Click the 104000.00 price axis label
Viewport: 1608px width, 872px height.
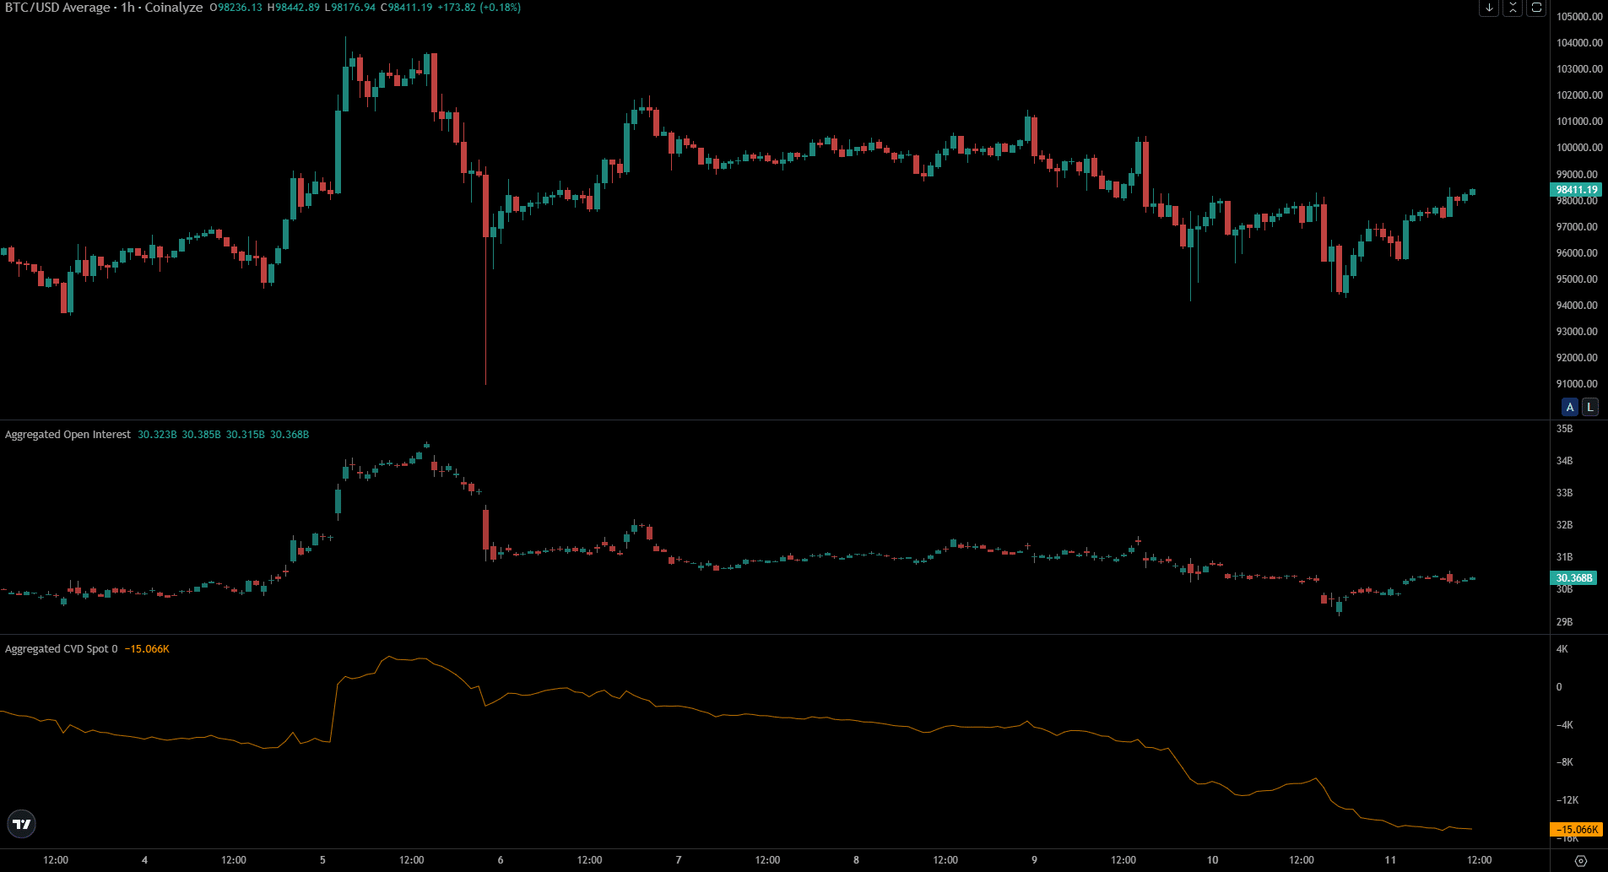click(1579, 43)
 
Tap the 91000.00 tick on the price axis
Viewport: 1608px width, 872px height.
click(1579, 384)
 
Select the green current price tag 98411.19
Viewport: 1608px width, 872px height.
click(1576, 190)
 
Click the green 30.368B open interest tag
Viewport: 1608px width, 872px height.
click(1573, 578)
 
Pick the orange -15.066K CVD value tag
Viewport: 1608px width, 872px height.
click(1575, 830)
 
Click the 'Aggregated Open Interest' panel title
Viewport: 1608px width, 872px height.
click(68, 435)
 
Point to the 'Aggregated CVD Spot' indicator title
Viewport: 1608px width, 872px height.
click(57, 649)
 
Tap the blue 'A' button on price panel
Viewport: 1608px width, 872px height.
click(1570, 407)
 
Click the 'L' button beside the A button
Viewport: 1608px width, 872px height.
click(1589, 407)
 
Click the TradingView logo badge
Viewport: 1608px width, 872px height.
click(22, 824)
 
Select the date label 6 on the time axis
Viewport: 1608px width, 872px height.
click(501, 860)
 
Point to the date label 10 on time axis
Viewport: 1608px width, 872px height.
click(1212, 860)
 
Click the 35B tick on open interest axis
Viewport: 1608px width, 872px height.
click(1564, 429)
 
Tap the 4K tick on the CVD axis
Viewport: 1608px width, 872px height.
click(1562, 649)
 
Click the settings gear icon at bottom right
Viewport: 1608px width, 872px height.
click(1581, 861)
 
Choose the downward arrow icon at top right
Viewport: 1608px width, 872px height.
click(1489, 8)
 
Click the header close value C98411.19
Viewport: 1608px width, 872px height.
click(406, 8)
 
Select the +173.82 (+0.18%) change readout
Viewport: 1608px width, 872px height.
click(479, 8)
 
